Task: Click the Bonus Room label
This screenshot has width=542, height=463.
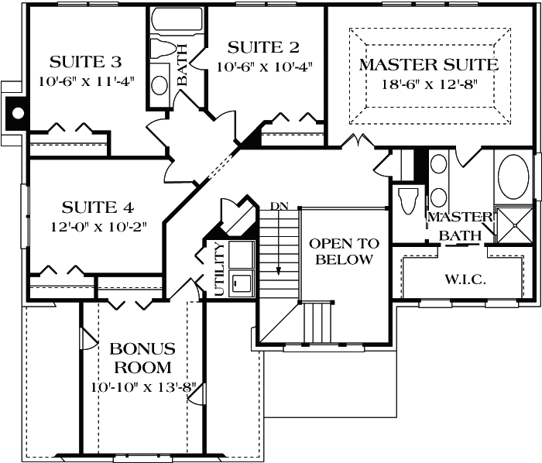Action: pyautogui.click(x=142, y=358)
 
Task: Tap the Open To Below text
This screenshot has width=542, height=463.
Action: pyautogui.click(x=341, y=252)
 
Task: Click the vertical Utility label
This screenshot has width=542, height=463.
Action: pyautogui.click(x=219, y=268)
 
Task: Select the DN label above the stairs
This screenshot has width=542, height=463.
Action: pyautogui.click(x=279, y=207)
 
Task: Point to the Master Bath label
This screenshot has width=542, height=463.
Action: pyautogui.click(x=460, y=225)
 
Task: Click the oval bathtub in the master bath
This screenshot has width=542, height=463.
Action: pyautogui.click(x=513, y=178)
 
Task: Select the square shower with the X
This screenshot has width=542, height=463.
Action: pyautogui.click(x=513, y=224)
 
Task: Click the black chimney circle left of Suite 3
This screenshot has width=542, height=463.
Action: pyautogui.click(x=17, y=113)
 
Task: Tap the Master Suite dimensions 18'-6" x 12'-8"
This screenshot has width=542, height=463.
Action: pyautogui.click(x=428, y=84)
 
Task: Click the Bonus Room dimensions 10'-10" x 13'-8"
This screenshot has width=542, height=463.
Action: pyautogui.click(x=142, y=386)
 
